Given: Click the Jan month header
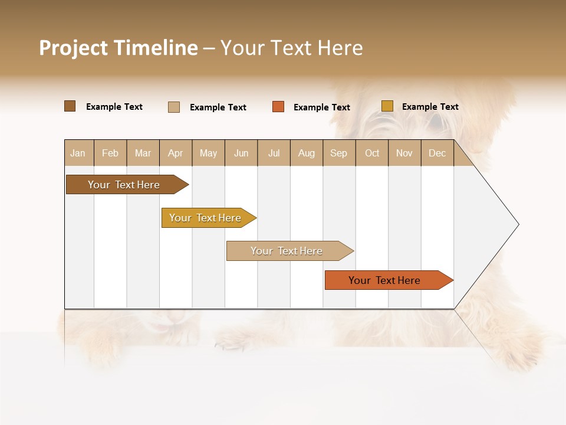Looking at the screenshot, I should tap(78, 153).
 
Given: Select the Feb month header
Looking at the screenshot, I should tap(110, 153).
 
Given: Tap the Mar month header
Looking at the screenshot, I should tap(143, 153).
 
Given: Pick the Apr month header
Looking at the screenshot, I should tap(176, 153).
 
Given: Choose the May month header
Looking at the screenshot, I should tap(208, 153).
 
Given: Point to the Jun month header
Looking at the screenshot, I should tap(241, 153).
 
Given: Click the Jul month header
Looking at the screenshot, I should tap(274, 153).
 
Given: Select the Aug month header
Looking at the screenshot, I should tap(307, 153).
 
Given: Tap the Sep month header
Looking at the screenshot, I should tap(339, 153).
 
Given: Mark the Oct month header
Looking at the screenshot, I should tap(372, 153).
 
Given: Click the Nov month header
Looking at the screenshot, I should tap(404, 153).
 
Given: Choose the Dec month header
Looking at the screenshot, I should tap(437, 153).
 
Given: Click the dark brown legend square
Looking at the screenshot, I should tap(70, 106).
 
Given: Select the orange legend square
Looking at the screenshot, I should tap(278, 107).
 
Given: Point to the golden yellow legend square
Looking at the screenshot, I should tap(387, 106).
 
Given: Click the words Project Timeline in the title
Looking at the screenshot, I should tap(119, 48).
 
